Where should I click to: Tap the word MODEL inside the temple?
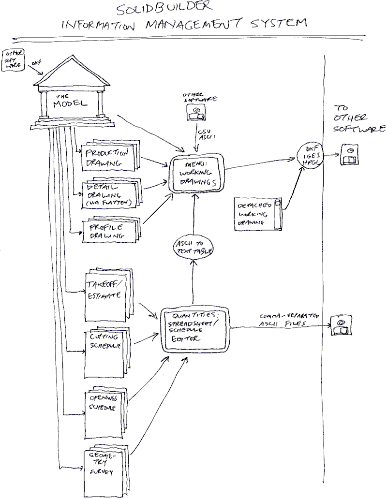click(70, 104)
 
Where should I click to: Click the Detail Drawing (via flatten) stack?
click(108, 194)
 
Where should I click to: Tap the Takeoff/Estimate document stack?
click(105, 293)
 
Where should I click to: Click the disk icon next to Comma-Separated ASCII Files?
click(341, 326)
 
